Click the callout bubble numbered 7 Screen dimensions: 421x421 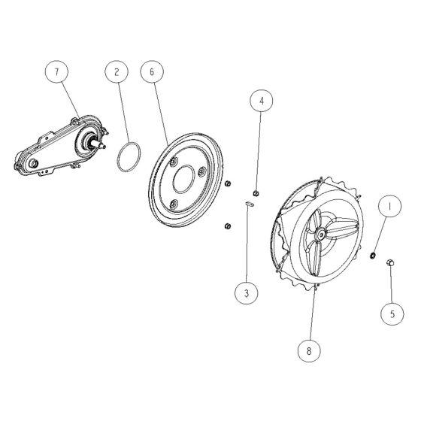(56, 72)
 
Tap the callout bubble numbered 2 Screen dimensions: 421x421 (117, 72)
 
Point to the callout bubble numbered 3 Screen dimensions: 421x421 (245, 293)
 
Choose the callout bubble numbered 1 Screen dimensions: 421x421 (389, 204)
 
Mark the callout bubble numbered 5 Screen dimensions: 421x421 (389, 313)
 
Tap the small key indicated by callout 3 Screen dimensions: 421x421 (250, 201)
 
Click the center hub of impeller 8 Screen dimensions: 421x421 (322, 236)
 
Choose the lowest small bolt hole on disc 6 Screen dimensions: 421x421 (174, 203)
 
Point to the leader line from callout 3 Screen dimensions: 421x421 (246, 244)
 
